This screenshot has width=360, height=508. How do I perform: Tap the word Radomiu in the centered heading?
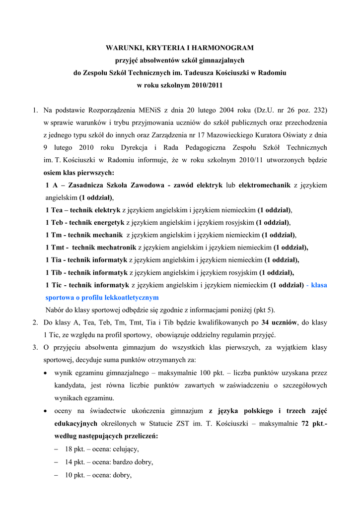coord(270,72)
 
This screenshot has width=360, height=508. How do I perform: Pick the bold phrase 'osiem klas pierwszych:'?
coord(78,173)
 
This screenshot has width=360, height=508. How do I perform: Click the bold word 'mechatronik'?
coord(114,247)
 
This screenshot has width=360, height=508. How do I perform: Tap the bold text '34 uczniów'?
coord(280,322)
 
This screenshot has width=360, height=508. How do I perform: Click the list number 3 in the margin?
coord(36,347)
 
